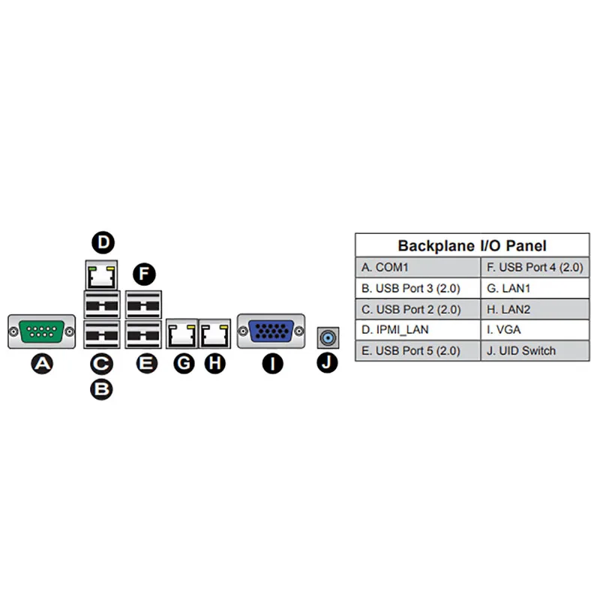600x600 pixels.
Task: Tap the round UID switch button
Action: [x=326, y=338]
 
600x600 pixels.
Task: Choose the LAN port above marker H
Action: [x=214, y=334]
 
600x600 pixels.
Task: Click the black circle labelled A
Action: [x=42, y=364]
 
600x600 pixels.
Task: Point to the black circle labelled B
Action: [x=100, y=389]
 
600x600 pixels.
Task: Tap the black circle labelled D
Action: [x=103, y=241]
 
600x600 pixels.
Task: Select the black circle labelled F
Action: [x=143, y=274]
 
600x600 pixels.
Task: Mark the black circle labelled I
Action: [x=271, y=364]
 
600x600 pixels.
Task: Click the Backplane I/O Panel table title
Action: [x=472, y=245]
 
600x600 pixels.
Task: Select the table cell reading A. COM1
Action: [x=418, y=267]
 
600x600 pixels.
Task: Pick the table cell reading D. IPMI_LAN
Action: [x=418, y=329]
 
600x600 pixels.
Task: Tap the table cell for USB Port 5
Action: [x=418, y=350]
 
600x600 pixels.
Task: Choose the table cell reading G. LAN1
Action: [x=534, y=288]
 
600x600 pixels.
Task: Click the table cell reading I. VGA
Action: [x=534, y=329]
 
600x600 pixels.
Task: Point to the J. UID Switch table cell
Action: [x=534, y=350]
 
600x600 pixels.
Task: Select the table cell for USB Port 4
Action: [x=534, y=267]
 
